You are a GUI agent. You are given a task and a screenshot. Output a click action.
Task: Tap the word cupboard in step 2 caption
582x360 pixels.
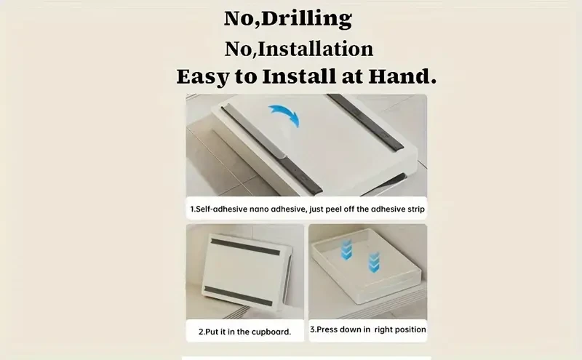[x=266, y=332]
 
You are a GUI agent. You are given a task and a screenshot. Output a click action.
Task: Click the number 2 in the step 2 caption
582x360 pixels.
[x=201, y=332]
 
